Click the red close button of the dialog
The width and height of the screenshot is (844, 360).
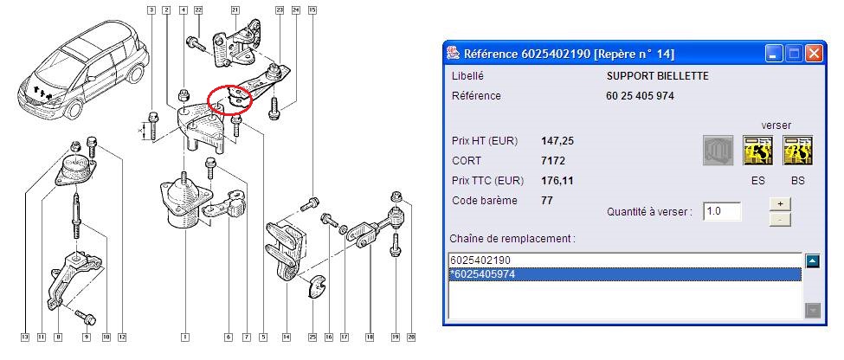click(814, 54)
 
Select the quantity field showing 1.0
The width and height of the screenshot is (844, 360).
click(722, 211)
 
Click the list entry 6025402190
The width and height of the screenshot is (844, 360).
click(480, 260)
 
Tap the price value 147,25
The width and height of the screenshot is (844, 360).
click(557, 141)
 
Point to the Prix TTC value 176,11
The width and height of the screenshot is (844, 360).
click(557, 181)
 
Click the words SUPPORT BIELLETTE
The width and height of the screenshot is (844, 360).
click(657, 76)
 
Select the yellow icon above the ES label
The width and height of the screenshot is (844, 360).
click(758, 150)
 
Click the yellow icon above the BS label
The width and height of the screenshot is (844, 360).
click(798, 150)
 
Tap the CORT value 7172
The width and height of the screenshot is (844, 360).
click(553, 161)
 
